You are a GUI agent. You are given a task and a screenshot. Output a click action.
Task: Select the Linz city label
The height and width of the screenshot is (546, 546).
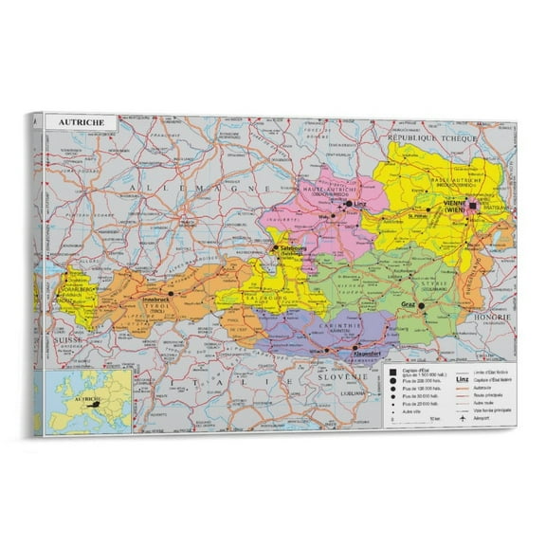point(357,203)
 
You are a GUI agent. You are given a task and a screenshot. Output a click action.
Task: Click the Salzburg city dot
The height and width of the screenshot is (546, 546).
point(276,248)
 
